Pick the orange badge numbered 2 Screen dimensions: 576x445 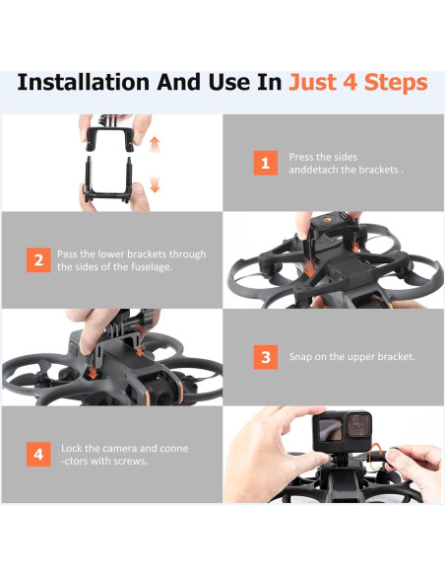pyautogui.click(x=37, y=260)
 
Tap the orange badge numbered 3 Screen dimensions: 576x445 pyautogui.click(x=263, y=356)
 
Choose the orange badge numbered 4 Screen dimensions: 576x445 pyautogui.click(x=37, y=454)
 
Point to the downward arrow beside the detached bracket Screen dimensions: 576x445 pyautogui.click(x=155, y=183)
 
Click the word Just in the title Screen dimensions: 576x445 pyautogui.click(x=313, y=82)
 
